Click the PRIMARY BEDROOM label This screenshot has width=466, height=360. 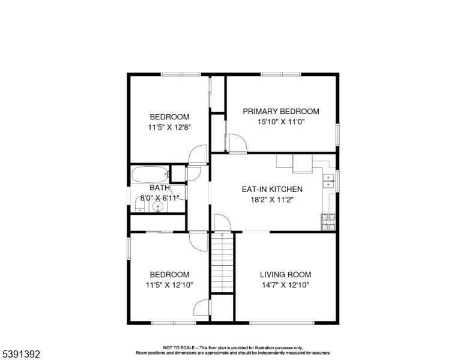[281, 112]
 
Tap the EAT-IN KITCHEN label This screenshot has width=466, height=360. [272, 189]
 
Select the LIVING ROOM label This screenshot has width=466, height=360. [286, 274]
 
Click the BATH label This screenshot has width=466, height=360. [160, 188]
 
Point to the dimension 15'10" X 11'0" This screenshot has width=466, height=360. [281, 122]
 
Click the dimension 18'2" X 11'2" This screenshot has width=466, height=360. [272, 200]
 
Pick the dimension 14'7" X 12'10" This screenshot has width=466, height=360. [286, 285]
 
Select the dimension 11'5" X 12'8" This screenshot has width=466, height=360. [169, 127]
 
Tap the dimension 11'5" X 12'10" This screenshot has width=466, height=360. [169, 285]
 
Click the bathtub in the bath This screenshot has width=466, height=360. [150, 175]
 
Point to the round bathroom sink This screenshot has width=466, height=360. [157, 206]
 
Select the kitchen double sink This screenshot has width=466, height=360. [328, 181]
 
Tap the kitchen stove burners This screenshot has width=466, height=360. [328, 222]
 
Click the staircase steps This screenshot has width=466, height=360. [222, 263]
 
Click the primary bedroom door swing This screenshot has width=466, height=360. [238, 143]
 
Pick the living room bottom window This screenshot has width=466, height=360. [282, 323]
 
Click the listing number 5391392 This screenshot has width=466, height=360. [21, 354]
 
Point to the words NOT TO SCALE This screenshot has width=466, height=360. [179, 347]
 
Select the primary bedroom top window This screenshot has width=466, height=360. [281, 74]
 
